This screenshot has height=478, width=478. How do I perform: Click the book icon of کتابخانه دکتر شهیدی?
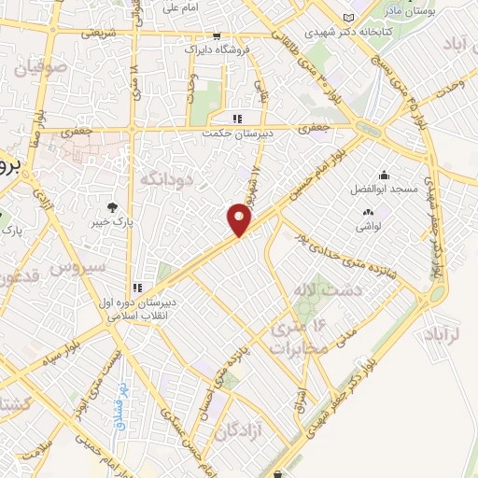click(349, 18)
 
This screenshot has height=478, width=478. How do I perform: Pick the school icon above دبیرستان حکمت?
click(237, 119)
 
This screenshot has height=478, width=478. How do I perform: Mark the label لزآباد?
click(446, 335)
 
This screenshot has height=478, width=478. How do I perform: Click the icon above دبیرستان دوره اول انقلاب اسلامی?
click(138, 287)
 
